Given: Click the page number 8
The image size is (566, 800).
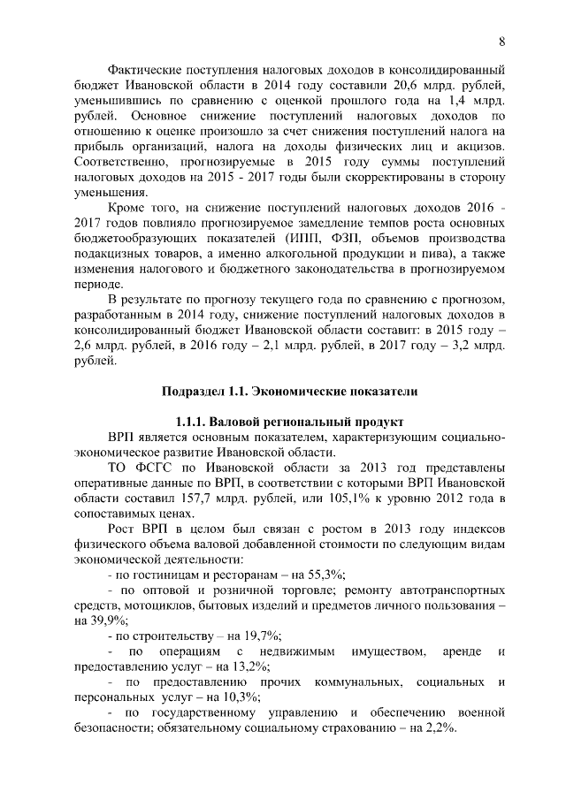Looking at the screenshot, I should (501, 42).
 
